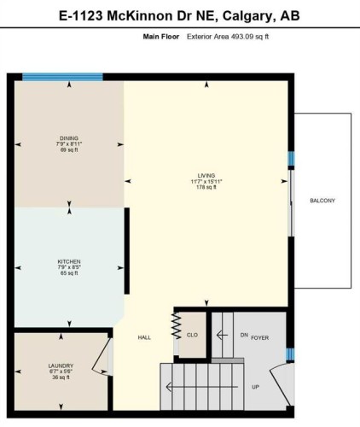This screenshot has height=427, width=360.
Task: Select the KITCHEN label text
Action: pos(69,260)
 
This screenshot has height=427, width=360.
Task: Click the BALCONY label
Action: pos(322,201)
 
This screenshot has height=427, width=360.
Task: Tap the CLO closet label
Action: pos(193,336)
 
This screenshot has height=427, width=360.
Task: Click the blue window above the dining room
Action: pos(62,77)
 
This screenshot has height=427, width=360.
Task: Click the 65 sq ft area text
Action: pos(69,274)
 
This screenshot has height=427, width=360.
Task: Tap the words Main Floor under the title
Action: pos(162,38)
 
